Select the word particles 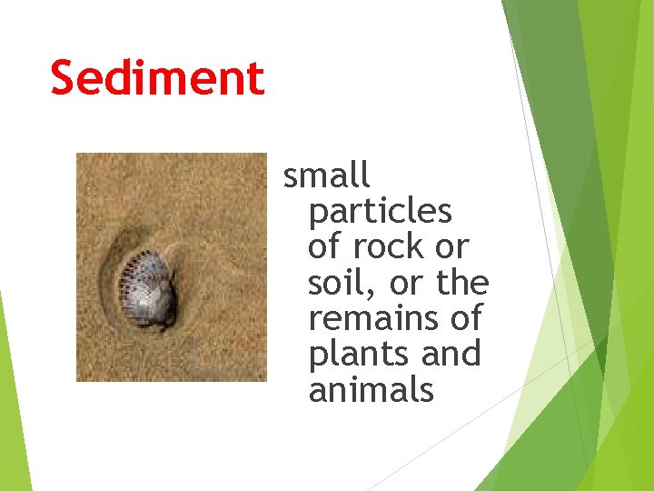[380, 211]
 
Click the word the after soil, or [462, 283]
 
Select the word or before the [405, 283]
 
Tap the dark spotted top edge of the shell [145, 265]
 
